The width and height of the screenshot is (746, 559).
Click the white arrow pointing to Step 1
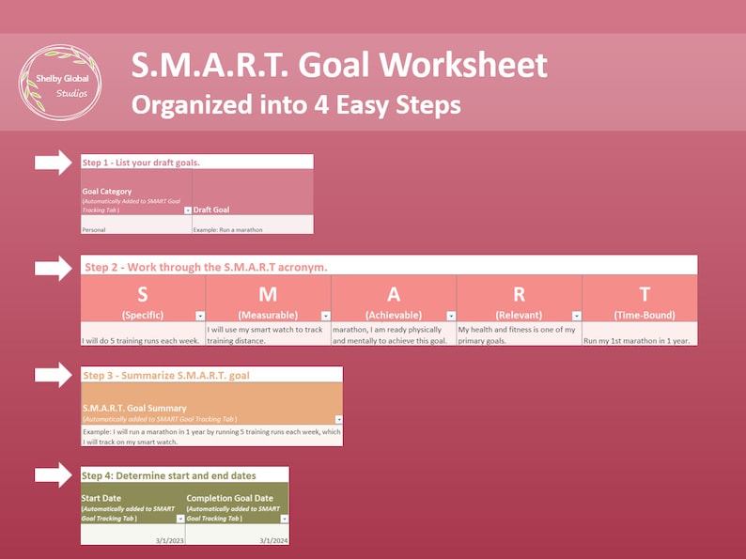(x=54, y=162)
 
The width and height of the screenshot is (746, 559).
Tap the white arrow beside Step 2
(x=54, y=267)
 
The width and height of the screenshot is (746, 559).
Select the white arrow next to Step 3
(x=54, y=375)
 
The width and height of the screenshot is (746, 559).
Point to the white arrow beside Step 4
(x=54, y=474)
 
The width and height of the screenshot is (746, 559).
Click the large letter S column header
(x=143, y=294)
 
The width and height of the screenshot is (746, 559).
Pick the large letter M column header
(x=268, y=294)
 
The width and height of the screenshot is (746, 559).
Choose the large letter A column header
(x=394, y=294)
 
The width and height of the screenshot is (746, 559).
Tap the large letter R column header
(x=520, y=294)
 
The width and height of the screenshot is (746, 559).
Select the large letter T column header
(x=645, y=294)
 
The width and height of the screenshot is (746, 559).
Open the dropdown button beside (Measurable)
(x=325, y=316)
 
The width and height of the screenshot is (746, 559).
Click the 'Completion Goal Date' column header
(x=230, y=499)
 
